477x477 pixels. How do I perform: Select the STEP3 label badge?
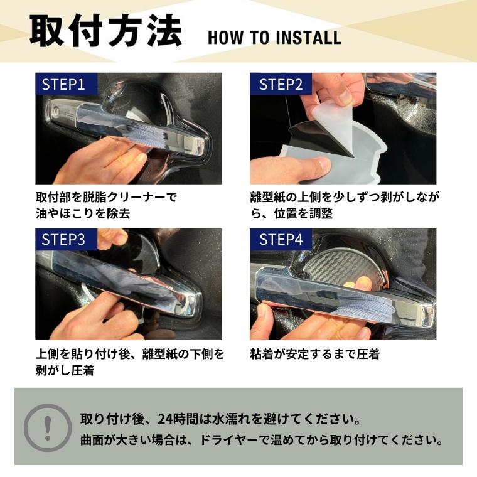[x=63, y=239]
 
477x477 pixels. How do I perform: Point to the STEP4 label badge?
[x=281, y=239]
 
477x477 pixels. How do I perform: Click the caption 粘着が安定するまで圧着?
[x=315, y=354]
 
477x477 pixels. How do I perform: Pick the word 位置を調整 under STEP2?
[x=304, y=213]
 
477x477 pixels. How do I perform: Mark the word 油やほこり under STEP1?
[x=69, y=213]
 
